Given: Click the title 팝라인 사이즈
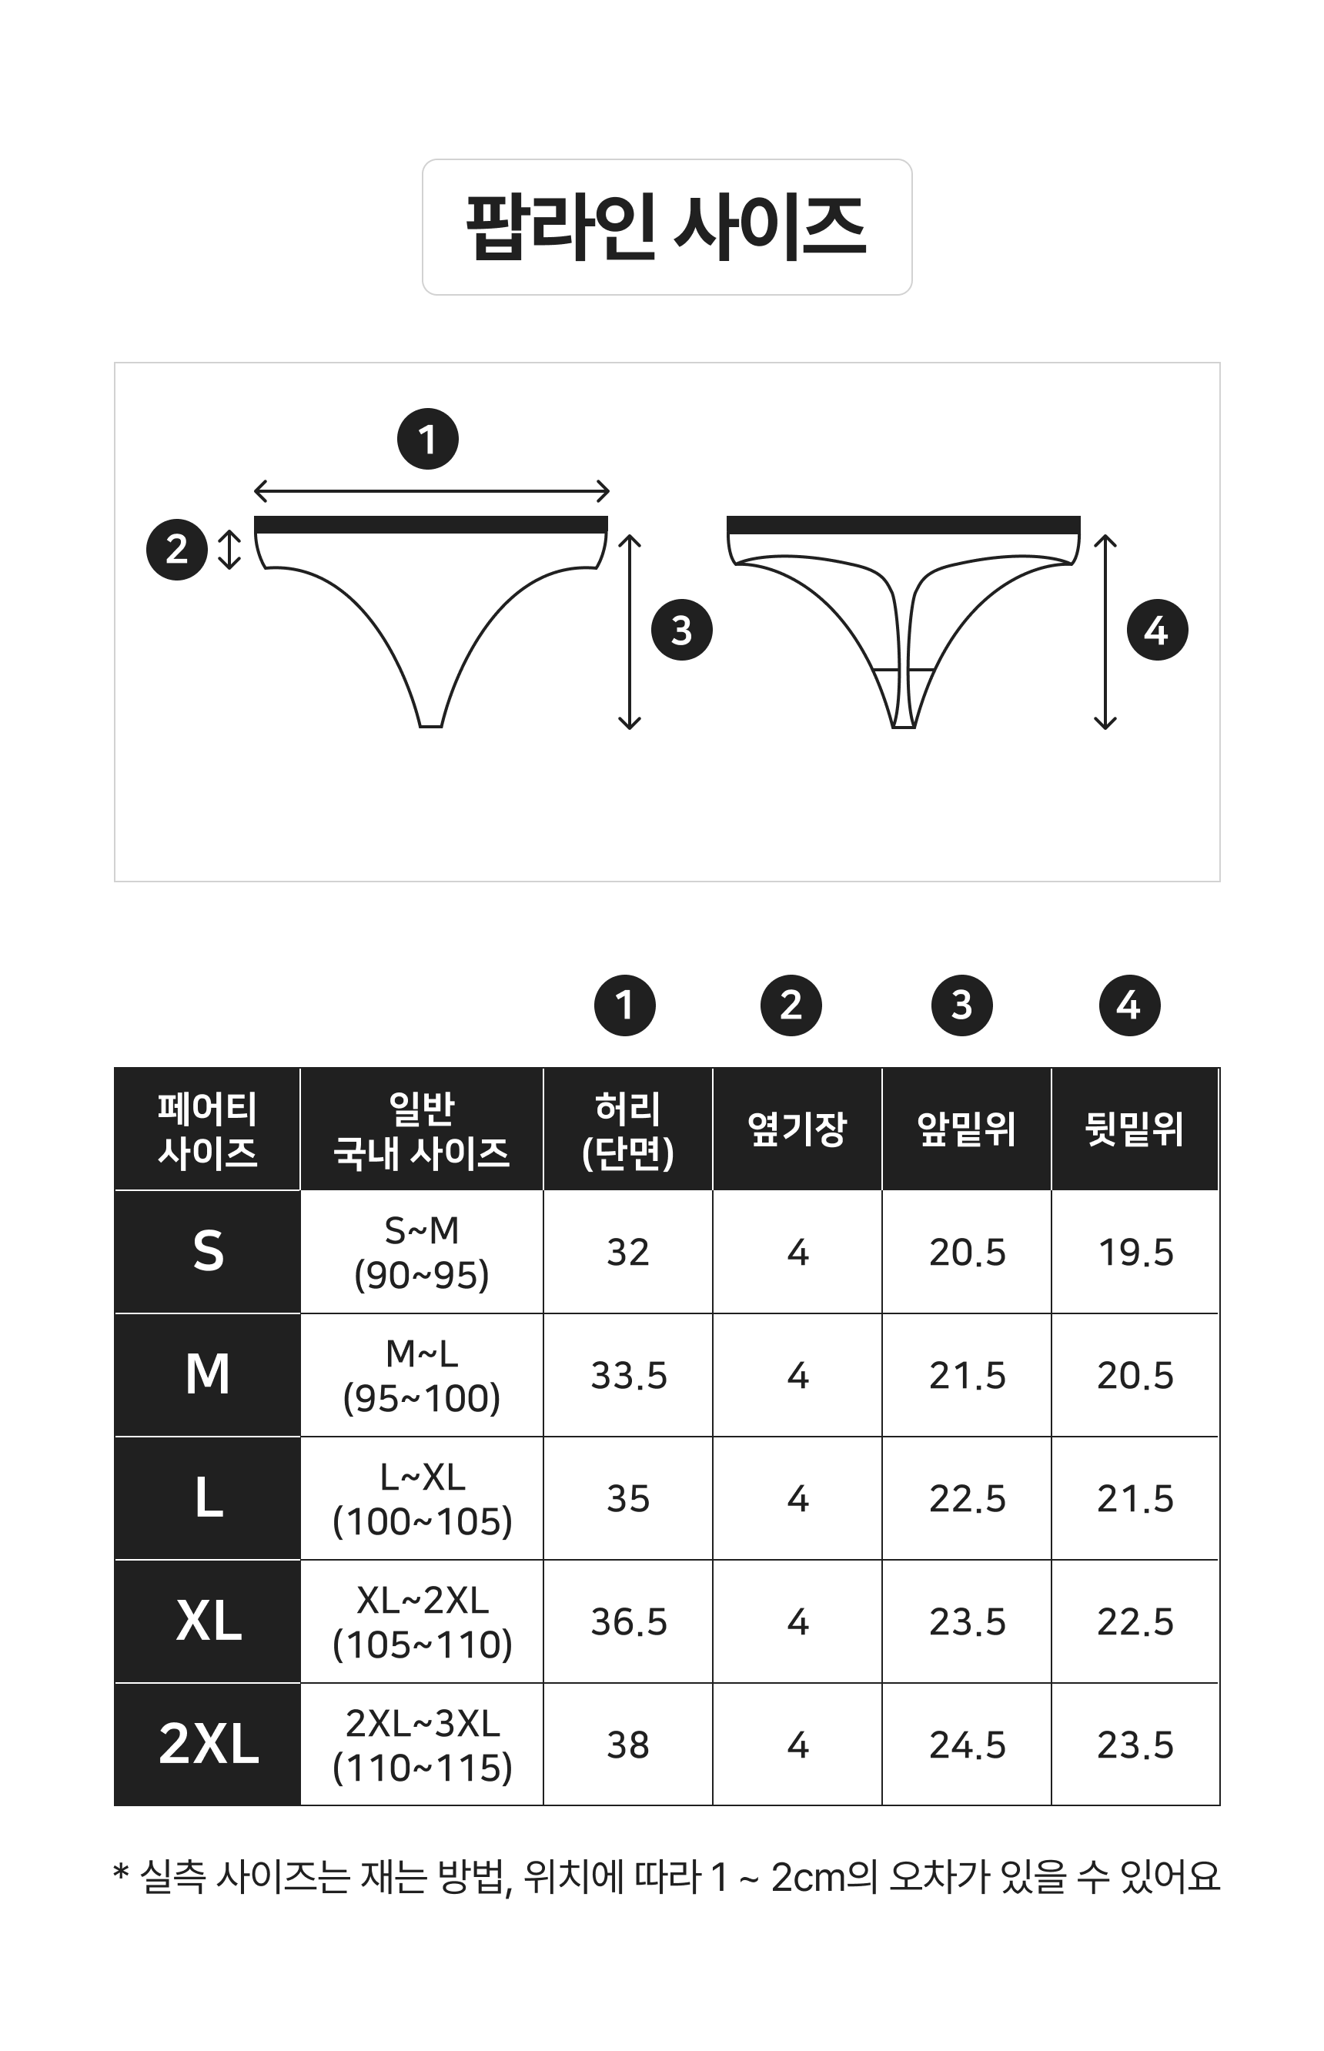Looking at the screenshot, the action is coord(667,227).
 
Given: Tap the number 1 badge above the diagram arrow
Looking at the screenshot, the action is coord(427,439).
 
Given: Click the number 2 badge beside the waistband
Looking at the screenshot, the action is coord(177,550).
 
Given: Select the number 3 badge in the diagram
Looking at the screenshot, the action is coord(682,631).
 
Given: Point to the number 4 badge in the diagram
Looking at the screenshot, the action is coord(1157,631).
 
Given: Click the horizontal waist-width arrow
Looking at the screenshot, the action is coord(432,492).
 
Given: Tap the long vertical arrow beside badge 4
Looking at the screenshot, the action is coord(1105,632).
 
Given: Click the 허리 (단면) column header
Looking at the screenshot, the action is coord(627,1130).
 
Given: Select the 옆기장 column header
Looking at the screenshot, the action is coord(797,1129).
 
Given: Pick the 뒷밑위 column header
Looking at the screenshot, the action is coord(1135,1129).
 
